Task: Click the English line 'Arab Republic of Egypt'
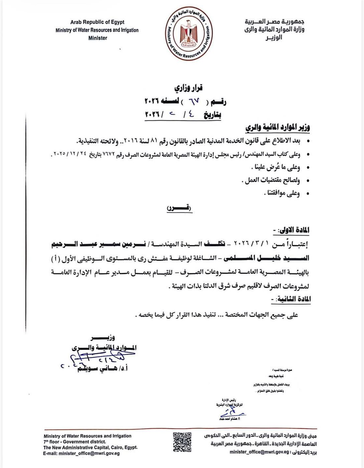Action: [x=97, y=22]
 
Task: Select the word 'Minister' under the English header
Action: [x=98, y=38]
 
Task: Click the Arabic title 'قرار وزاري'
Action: [x=188, y=88]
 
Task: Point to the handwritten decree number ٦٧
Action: [x=194, y=101]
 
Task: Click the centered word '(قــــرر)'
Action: [x=179, y=208]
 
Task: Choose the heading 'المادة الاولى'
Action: [x=294, y=230]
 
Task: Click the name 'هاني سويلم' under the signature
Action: [x=94, y=369]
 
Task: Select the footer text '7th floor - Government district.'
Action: [x=74, y=442]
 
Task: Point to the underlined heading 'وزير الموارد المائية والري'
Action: [x=277, y=128]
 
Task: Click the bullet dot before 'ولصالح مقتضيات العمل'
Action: [x=308, y=181]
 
